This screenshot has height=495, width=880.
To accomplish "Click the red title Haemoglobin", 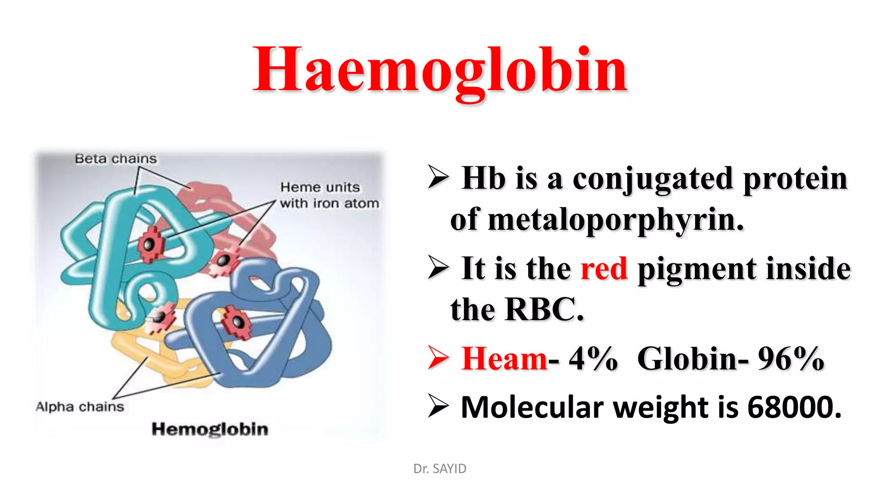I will (440, 71).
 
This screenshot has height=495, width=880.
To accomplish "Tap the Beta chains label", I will (116, 159).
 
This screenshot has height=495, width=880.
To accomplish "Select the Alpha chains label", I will (80, 406).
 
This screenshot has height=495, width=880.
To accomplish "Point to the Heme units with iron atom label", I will (329, 195).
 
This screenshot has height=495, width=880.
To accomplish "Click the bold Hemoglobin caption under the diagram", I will (210, 429).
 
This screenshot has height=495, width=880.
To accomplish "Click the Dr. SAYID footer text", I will (440, 468).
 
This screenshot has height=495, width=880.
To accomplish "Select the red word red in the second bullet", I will (604, 269).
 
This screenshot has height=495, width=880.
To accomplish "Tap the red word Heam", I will (504, 358).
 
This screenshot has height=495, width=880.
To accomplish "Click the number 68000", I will (794, 407).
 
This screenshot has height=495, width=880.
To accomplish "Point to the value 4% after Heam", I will (593, 358).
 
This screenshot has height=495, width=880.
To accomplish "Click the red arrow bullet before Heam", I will (438, 358).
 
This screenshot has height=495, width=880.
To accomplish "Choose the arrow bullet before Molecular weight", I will (438, 406).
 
